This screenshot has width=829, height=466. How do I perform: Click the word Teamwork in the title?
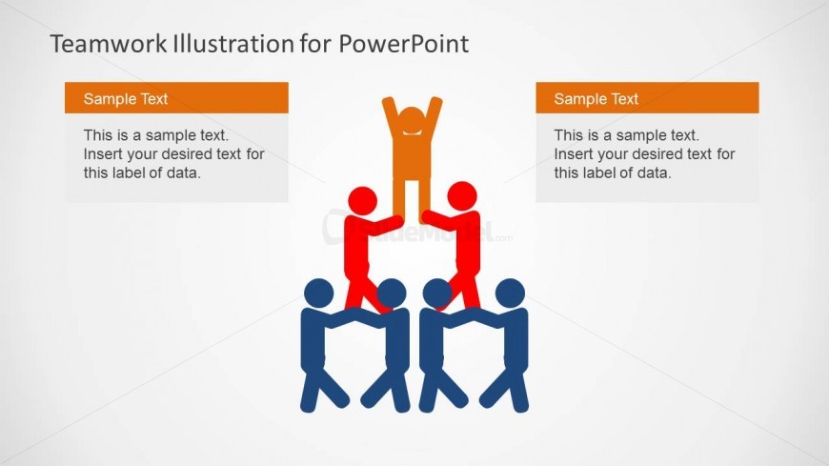coord(109,44)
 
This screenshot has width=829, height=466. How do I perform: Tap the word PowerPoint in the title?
coord(403,44)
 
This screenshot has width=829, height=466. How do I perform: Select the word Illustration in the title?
coord(233,44)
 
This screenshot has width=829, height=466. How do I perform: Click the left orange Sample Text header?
coord(176,98)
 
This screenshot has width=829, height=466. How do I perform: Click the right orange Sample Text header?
coord(647,98)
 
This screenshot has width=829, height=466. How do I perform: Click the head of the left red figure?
coord(363,201)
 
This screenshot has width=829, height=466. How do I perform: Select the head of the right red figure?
coord(462,195)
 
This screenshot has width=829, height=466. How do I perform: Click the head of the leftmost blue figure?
coord(319,293)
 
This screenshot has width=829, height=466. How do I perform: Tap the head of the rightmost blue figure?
coord(510,293)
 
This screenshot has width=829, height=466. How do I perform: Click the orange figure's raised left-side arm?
coord(390,112)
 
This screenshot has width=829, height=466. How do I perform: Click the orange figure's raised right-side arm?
coord(435,112)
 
